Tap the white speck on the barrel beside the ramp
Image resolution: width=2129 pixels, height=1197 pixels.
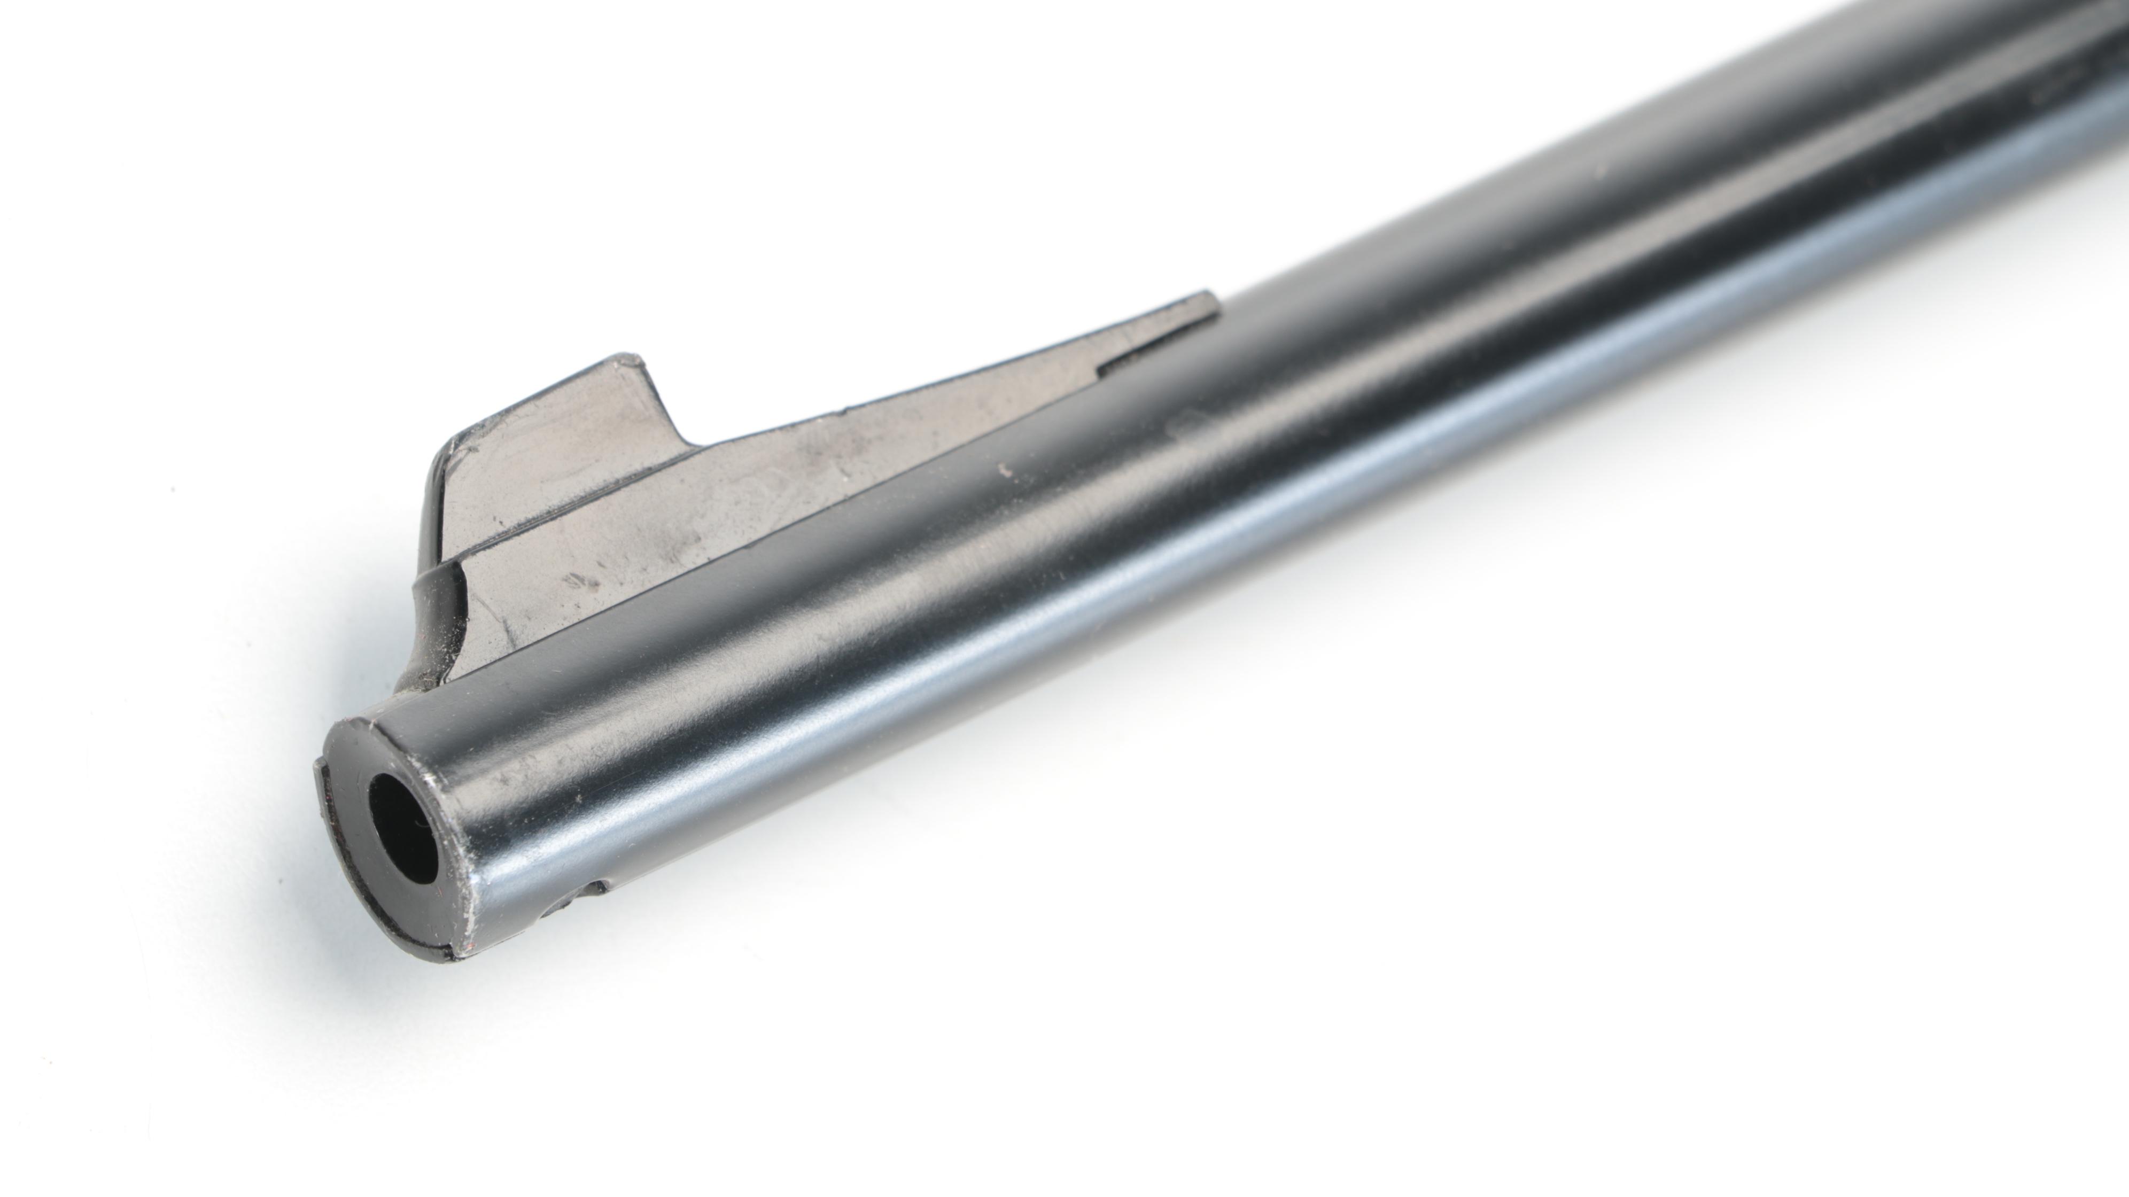[1005, 470]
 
